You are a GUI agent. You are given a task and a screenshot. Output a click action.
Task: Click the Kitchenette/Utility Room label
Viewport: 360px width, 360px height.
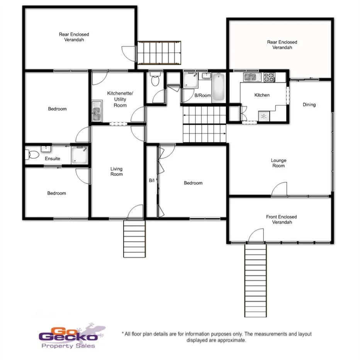click(120, 99)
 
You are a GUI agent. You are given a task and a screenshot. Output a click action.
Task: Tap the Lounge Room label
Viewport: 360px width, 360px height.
click(278, 163)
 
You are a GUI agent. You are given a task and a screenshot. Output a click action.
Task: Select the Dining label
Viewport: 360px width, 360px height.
click(309, 105)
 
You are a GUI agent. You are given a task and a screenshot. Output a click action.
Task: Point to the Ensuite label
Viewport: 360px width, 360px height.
click(53, 159)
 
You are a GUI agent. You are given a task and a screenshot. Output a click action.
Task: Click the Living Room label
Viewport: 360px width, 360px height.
click(116, 172)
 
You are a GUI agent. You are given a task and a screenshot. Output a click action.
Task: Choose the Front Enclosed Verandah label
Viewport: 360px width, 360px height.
click(282, 219)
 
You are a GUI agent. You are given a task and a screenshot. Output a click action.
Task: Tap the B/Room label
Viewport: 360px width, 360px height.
click(202, 95)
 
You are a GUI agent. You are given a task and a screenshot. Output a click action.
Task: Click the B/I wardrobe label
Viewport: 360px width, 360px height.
click(152, 180)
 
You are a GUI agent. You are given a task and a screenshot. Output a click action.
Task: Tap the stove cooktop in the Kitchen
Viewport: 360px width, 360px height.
click(269, 77)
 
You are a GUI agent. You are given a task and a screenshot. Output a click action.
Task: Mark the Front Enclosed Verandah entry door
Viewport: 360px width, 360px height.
click(256, 236)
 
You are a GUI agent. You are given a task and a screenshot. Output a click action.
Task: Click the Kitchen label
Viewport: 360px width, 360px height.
click(262, 95)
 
